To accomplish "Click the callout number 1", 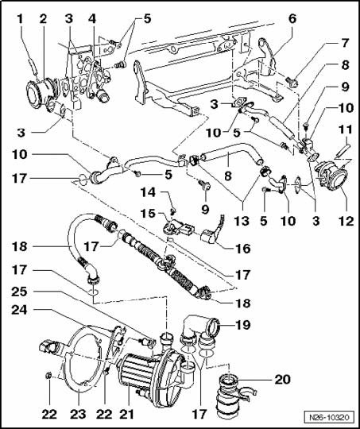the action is (20, 19).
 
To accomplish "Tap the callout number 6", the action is (292, 19).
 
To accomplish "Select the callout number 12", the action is (346, 221).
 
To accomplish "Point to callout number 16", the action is (243, 249).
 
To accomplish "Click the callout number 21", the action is (126, 414).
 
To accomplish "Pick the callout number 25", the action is (19, 292).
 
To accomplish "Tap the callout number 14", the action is (148, 192).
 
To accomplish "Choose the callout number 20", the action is (283, 380).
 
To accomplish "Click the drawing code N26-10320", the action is (329, 418).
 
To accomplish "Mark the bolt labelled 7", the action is (292, 82).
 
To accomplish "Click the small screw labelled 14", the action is (174, 211).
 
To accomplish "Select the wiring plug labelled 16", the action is (213, 233).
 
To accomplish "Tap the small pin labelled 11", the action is (342, 150).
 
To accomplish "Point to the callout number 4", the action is (92, 19).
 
